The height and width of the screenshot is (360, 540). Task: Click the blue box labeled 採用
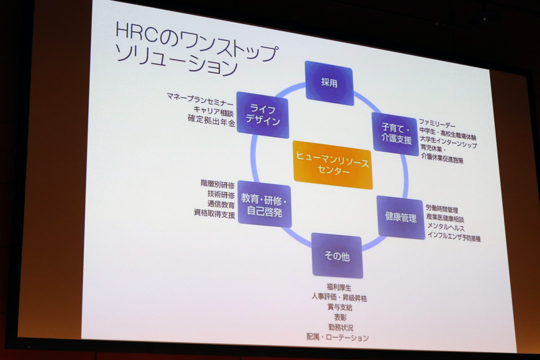(329, 83)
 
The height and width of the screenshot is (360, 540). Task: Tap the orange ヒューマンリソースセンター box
(333, 165)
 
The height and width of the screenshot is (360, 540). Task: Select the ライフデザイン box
(263, 114)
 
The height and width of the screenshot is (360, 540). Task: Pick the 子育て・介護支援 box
(396, 133)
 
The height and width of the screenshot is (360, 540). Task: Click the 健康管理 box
(401, 217)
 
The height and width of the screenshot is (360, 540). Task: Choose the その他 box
(337, 256)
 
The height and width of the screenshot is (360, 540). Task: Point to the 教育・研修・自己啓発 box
(264, 205)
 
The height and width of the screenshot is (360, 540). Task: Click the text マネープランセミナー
(200, 100)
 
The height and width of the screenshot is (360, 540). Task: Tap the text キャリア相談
(214, 111)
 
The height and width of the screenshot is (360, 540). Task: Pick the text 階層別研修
(218, 184)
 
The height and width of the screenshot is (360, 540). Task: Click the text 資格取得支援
(214, 213)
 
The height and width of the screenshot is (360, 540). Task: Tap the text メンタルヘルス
(446, 227)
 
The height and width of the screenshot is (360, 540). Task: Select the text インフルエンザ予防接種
(454, 237)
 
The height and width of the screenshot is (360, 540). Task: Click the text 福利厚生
(339, 287)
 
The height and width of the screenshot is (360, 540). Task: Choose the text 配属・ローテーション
(337, 337)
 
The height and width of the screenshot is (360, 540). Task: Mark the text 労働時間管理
(442, 209)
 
